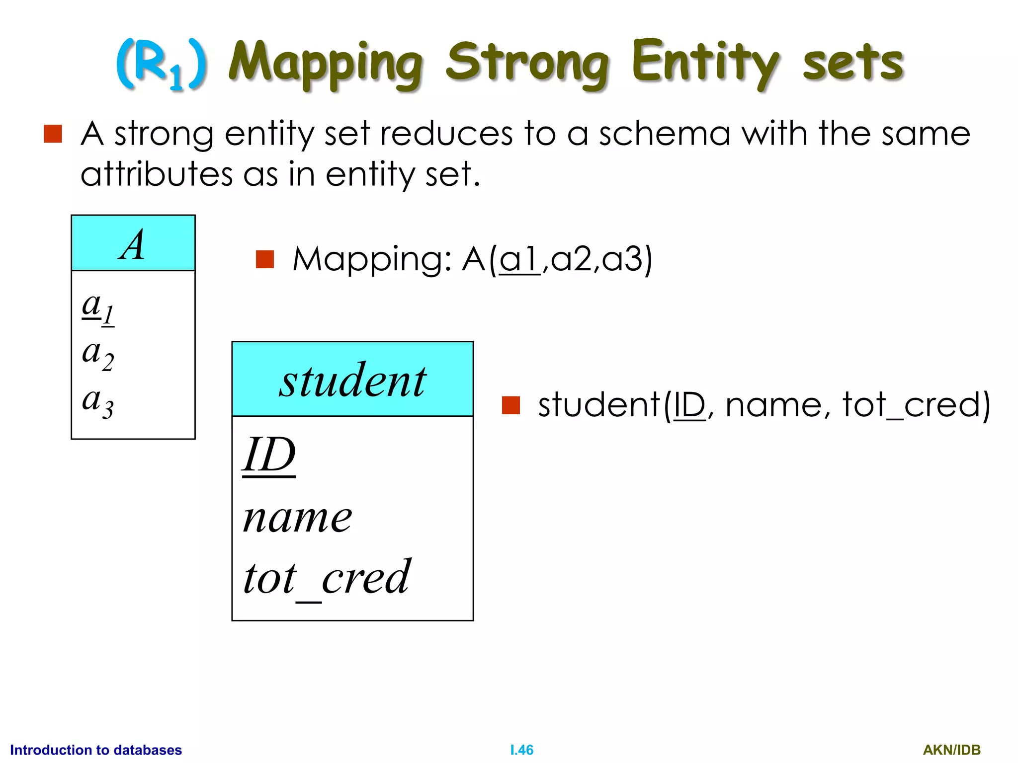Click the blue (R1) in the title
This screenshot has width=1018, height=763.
coord(161,65)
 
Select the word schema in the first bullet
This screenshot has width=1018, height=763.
coord(664,134)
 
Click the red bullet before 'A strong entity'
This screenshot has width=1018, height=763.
coord(53,134)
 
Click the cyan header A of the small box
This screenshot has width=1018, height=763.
coord(133,243)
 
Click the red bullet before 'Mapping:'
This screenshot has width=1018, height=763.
coord(264,259)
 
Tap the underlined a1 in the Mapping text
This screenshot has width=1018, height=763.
coord(519,259)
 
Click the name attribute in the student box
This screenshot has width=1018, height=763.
coord(297,518)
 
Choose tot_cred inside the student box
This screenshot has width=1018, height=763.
coord(327,578)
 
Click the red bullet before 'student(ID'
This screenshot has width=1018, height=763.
coord(510,405)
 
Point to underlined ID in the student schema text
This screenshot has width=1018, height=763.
coord(689,405)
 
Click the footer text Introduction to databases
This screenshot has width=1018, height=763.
coord(96,750)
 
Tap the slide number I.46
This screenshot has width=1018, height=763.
coord(521,750)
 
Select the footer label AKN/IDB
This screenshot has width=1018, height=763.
coord(951,750)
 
